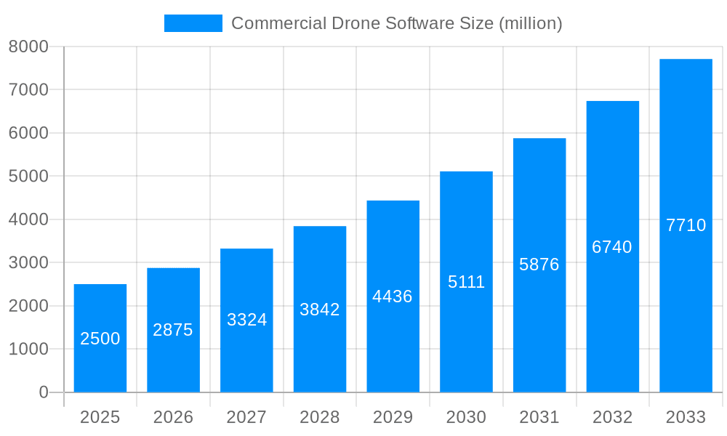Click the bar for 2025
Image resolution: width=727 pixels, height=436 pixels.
click(x=100, y=338)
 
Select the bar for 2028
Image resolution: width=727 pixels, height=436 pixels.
click(x=320, y=309)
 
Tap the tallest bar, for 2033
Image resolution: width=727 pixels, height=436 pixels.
click(x=686, y=225)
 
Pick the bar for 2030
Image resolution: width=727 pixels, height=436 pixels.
click(x=466, y=282)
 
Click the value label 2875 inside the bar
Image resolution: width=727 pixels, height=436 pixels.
click(x=173, y=330)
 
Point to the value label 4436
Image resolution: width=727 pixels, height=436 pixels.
click(x=393, y=296)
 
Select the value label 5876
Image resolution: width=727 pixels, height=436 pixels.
click(x=539, y=265)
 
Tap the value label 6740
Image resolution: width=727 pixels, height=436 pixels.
click(x=612, y=247)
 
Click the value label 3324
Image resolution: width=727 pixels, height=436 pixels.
click(x=246, y=320)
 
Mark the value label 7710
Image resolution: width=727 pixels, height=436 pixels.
click(x=686, y=225)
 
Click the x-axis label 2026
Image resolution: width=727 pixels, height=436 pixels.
click(x=173, y=417)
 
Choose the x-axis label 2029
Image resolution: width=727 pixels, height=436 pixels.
click(x=393, y=417)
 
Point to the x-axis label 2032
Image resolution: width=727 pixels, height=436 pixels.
click(x=612, y=417)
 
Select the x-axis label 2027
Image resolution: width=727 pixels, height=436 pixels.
click(x=246, y=417)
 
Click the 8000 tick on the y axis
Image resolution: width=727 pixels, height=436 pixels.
click(x=28, y=47)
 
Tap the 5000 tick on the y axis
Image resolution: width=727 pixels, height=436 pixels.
click(x=28, y=177)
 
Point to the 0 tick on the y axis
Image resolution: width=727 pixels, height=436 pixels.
click(x=43, y=392)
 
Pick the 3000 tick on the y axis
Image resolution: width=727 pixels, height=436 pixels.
click(x=28, y=262)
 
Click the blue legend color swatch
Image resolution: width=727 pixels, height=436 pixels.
click(x=193, y=23)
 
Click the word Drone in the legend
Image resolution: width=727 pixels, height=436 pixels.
click(x=353, y=23)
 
